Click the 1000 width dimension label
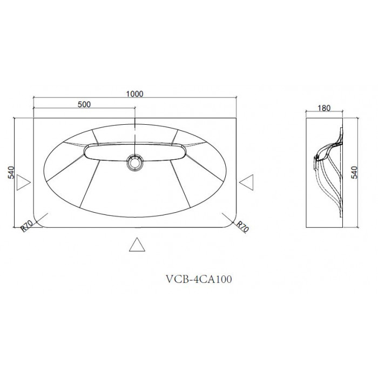135,93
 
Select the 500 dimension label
84,104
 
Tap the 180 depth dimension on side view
324,108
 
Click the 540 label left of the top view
11,172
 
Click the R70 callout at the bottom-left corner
26,226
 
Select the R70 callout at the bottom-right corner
242,227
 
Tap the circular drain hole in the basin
135,162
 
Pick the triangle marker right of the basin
247,183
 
